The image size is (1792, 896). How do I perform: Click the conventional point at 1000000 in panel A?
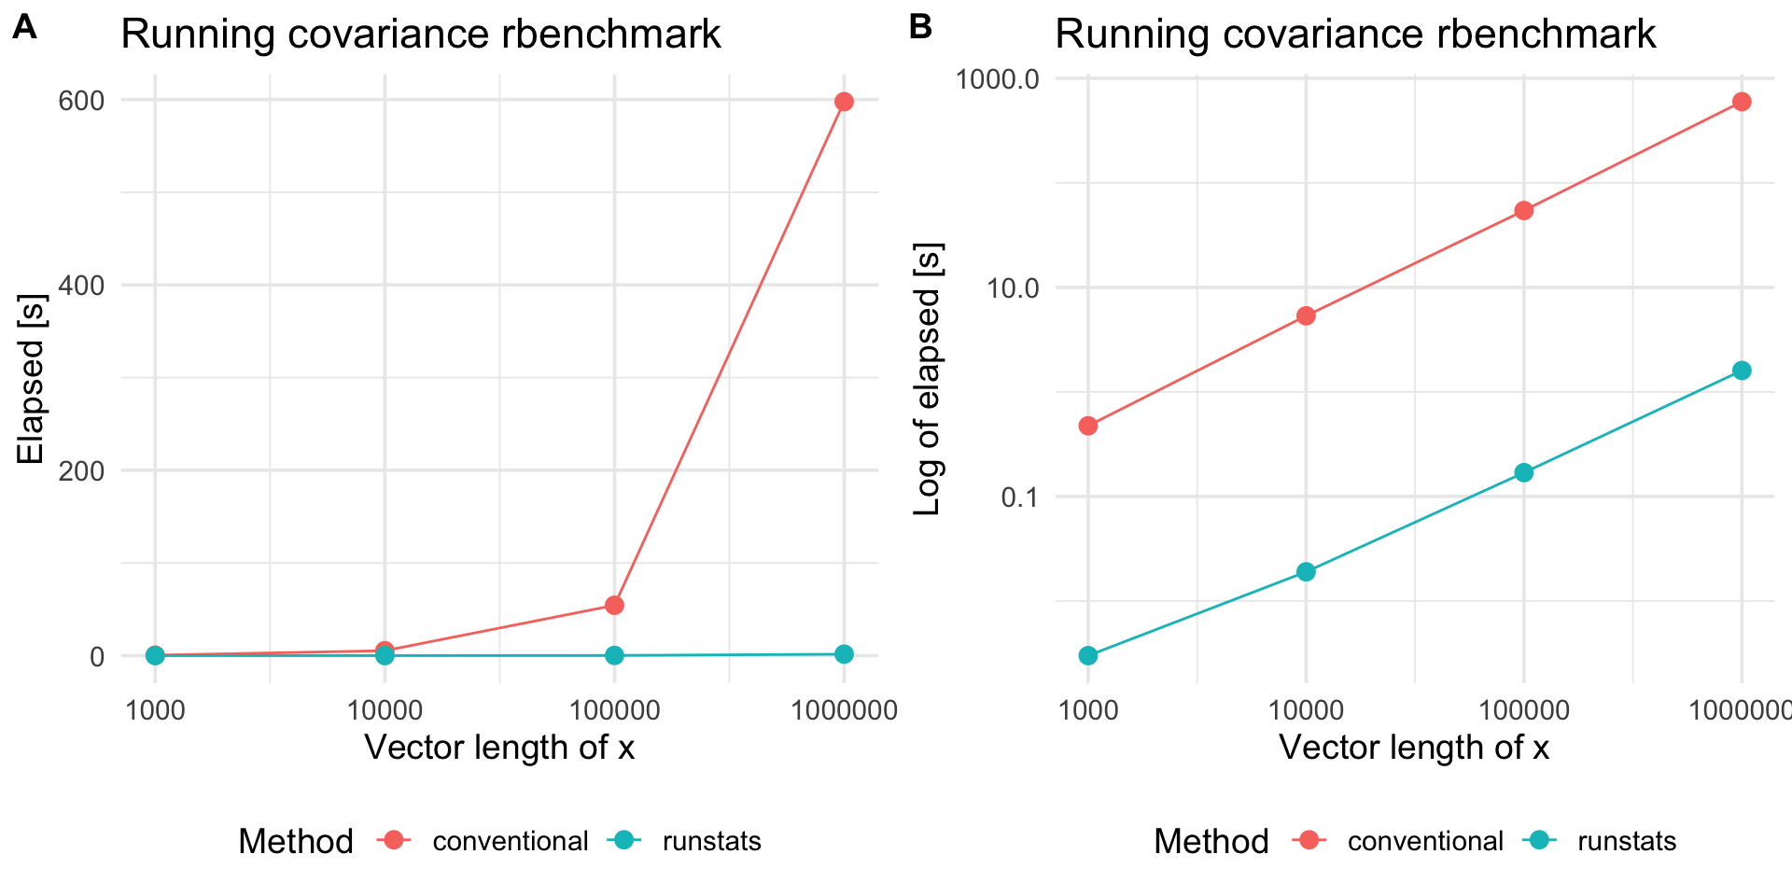844,102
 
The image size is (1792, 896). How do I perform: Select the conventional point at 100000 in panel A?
614,606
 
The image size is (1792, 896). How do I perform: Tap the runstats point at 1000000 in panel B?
1742,371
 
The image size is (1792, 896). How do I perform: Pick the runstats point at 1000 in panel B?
1088,656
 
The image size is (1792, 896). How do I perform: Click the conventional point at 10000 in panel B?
1306,316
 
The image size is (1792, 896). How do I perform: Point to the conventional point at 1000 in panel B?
1088,427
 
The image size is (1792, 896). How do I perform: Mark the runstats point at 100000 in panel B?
1524,472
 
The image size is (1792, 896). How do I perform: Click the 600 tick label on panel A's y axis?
81,101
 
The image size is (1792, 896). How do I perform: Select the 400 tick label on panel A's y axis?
81,286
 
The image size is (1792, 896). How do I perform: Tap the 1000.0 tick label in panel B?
997,78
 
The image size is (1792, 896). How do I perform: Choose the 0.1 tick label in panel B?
1020,497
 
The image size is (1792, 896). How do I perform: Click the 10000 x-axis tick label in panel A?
385,711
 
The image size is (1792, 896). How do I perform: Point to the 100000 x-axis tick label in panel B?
1524,711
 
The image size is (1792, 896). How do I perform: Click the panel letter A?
25,28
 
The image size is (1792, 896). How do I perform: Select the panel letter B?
921,28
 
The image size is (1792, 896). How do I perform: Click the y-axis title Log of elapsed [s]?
928,379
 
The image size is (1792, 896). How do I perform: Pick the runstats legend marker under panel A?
624,840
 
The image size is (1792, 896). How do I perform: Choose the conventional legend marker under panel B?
1309,840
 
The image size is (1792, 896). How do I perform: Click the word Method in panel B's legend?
1211,841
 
